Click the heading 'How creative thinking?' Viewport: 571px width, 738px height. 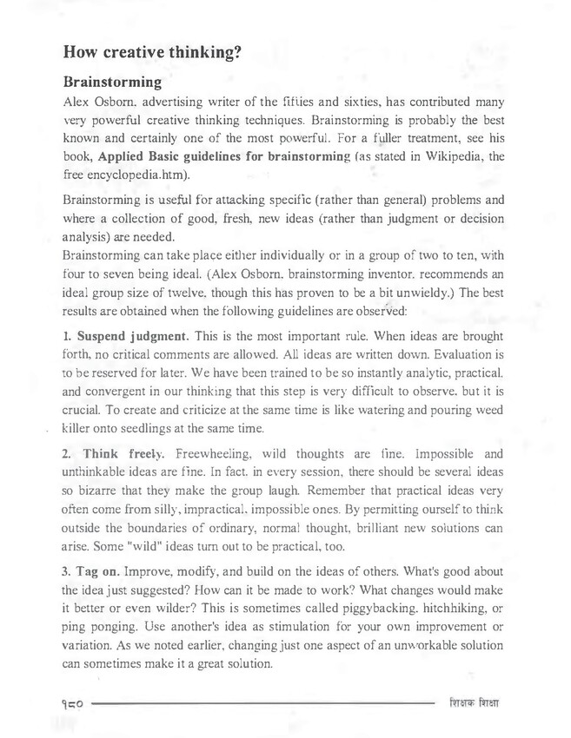tap(152, 52)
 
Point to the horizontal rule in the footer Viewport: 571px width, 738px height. tap(261, 702)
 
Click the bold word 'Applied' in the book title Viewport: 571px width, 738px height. tap(125, 156)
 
